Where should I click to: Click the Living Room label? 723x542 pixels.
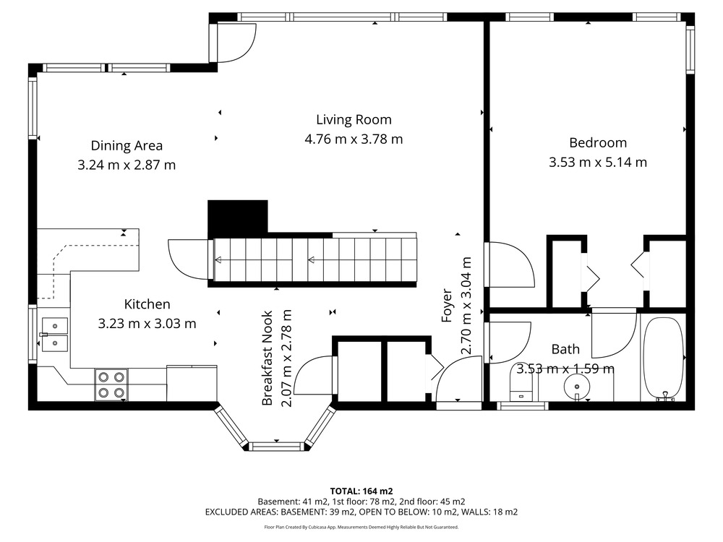(354, 120)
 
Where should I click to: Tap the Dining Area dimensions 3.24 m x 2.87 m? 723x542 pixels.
(127, 165)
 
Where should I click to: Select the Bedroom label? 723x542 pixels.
(598, 143)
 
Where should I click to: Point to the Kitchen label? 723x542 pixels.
(147, 304)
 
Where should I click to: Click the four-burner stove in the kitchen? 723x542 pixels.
(111, 385)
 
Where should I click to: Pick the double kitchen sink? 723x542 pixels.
(55, 335)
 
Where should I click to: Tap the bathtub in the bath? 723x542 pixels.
(662, 358)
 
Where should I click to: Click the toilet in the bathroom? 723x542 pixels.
(522, 387)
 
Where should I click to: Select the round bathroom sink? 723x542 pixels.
(577, 386)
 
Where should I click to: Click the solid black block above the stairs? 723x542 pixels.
(237, 217)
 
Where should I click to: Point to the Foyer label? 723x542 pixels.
(447, 305)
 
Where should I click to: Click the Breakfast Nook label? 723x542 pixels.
(268, 358)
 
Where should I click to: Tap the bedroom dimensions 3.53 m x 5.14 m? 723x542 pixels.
(598, 162)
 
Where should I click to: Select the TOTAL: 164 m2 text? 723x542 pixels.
(361, 491)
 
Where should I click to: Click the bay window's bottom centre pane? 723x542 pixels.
(276, 446)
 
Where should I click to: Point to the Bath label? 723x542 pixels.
(565, 349)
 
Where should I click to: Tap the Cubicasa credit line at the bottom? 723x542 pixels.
(361, 527)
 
